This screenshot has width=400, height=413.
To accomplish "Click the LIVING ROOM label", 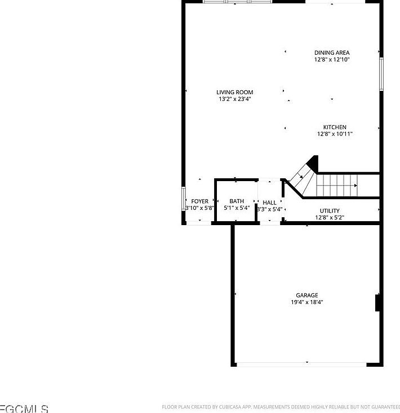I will click(x=234, y=92).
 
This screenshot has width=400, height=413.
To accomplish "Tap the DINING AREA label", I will click(x=332, y=52).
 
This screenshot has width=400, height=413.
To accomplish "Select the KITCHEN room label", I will click(x=335, y=127).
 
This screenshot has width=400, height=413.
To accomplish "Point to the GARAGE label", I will click(x=307, y=295).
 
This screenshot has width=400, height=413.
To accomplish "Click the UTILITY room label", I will click(x=330, y=210).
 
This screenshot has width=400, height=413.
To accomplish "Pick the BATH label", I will click(x=237, y=201).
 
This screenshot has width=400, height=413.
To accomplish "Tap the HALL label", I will click(x=269, y=203).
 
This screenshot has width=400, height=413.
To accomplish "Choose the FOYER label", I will click(x=199, y=201).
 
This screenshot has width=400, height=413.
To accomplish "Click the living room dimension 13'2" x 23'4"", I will click(x=234, y=99).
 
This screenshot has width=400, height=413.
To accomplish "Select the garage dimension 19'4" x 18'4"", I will click(x=307, y=302).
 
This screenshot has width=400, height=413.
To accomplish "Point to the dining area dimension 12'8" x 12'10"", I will click(x=332, y=59).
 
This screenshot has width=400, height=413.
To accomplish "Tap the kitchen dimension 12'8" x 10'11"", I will click(x=335, y=134).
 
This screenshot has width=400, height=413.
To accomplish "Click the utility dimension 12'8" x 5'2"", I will click(x=330, y=217).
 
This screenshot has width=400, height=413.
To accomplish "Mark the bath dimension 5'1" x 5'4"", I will click(x=237, y=208).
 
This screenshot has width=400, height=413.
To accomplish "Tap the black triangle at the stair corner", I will click(x=313, y=163).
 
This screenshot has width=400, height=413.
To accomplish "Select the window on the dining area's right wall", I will click(x=381, y=74).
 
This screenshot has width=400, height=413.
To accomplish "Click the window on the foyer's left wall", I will click(x=184, y=199).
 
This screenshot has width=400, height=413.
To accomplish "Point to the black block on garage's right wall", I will click(x=379, y=302).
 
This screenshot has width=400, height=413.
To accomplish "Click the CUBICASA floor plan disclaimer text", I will click(x=280, y=406).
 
